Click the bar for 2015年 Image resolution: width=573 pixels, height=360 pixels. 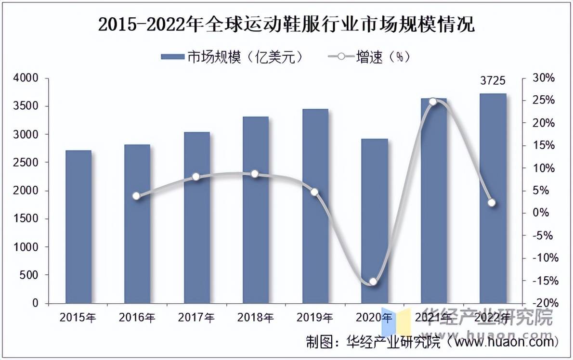(78, 227)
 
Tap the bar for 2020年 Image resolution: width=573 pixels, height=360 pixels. (374, 221)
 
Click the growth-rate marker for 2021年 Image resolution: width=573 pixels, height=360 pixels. (433, 102)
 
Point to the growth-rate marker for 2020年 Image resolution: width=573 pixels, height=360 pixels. (373, 282)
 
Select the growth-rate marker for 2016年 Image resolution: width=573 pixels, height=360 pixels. (136, 196)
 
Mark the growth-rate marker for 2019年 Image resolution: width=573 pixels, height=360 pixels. (314, 192)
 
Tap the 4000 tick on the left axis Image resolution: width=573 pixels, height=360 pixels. (27, 78)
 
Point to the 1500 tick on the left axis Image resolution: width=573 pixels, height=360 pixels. (27, 219)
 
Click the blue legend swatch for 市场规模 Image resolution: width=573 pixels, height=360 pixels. (172, 57)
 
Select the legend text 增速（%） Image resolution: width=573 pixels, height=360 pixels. (383, 57)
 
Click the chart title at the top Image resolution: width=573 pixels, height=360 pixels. (286, 24)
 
